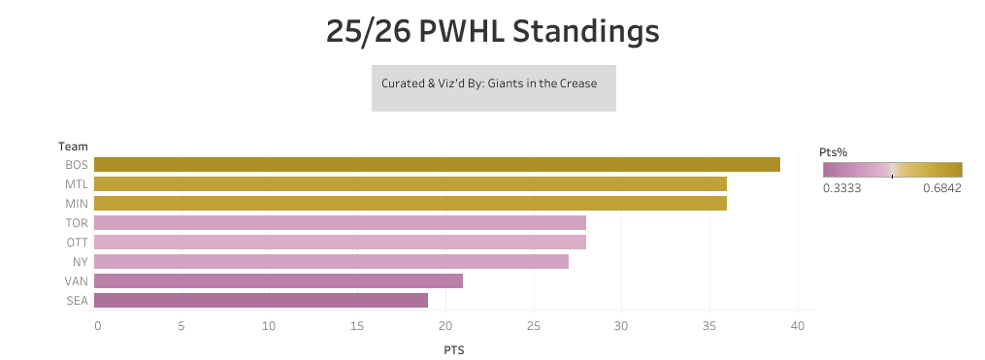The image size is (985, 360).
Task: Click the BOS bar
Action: pos(437,164)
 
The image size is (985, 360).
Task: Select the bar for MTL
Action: pos(410,183)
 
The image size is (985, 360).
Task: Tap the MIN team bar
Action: pos(410,203)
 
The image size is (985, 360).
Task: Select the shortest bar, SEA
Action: pos(261,300)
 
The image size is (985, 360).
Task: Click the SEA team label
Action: pos(77,300)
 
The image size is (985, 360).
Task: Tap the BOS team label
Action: pos(77,164)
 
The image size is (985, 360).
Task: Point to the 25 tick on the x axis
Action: pos(533,325)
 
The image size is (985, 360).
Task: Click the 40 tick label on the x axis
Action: pos(797,325)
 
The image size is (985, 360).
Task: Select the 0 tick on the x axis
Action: pos(97,325)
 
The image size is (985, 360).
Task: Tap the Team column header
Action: pos(73,146)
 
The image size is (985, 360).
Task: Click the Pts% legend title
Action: pos(834,152)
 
